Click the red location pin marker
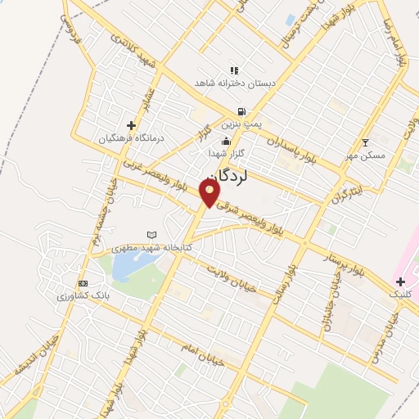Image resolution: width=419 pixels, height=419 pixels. coord(210,193)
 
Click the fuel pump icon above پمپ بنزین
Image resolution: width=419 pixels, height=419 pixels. coord(241,111)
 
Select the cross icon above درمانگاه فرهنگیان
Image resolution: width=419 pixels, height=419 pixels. coord(131,125)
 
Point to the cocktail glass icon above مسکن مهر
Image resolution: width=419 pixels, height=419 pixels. coord(366,142)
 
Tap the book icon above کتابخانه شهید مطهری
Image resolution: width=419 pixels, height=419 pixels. coord(151,235)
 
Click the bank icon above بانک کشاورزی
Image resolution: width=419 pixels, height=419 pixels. coord(82,282)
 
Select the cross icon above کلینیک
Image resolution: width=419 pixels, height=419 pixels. coord(399,282)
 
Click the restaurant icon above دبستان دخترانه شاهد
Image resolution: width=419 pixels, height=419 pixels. coord(234,70)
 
